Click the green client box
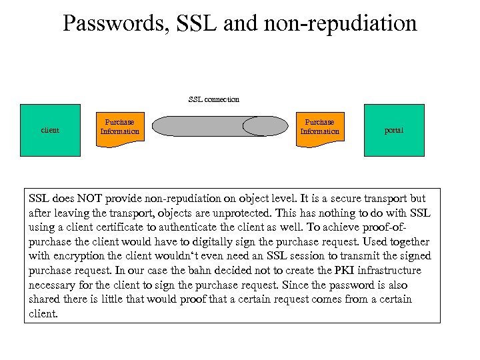[50, 130]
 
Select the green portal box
[394, 130]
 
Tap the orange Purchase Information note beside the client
[119, 127]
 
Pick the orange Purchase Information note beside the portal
[319, 127]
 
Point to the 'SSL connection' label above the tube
[214, 99]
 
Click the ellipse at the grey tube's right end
[264, 126]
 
